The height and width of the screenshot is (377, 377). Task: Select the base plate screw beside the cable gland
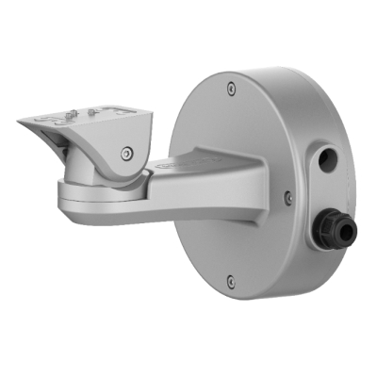(x=287, y=197)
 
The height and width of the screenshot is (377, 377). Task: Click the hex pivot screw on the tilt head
(x=126, y=151)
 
